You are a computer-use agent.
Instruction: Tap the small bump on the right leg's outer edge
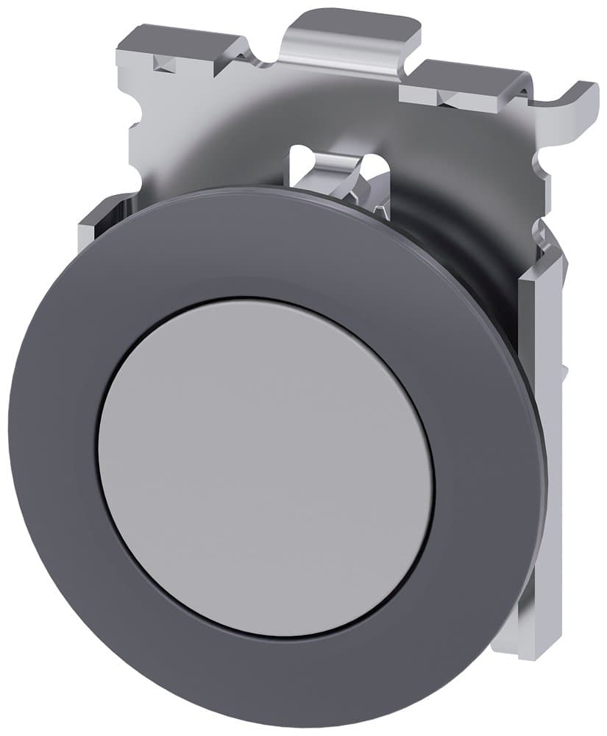pyautogui.click(x=564, y=368)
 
